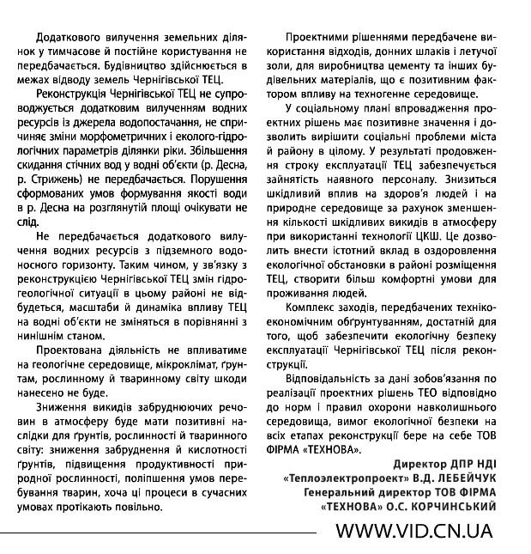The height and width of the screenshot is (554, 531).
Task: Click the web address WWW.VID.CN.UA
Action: click(x=413, y=531)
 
